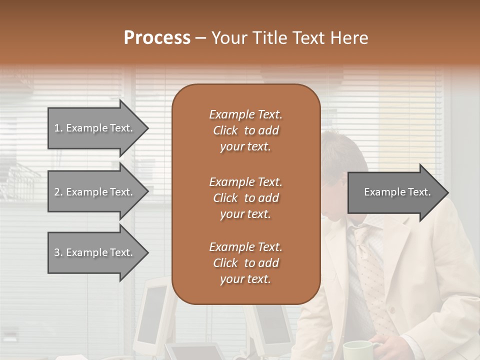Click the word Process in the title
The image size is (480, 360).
pos(157,38)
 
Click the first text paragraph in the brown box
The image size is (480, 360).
pos(245,130)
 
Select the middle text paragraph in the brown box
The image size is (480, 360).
pos(245,197)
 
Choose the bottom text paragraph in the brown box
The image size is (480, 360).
pos(245,262)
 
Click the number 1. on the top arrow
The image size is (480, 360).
pos(58,128)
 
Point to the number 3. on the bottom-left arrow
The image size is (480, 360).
pos(58,252)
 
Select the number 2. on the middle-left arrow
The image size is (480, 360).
pos(58,192)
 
